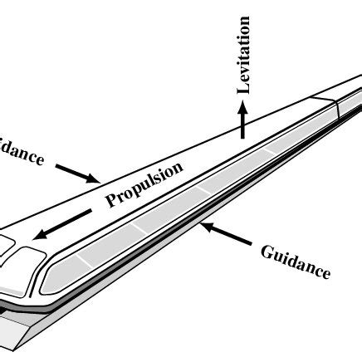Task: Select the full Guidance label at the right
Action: (296, 261)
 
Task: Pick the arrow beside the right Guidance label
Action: (228, 235)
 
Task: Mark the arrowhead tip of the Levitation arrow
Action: (242, 101)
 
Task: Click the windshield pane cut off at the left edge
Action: (5, 248)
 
